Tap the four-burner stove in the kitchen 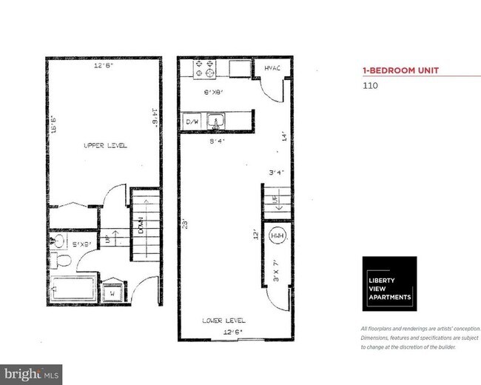pos(204,68)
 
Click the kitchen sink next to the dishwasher pos(216,120)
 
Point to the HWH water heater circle pos(276,238)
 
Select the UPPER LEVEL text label pos(104,146)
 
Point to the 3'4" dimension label pos(276,174)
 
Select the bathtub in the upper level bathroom pos(73,287)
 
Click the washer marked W pos(112,291)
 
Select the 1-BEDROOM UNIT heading pos(400,70)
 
